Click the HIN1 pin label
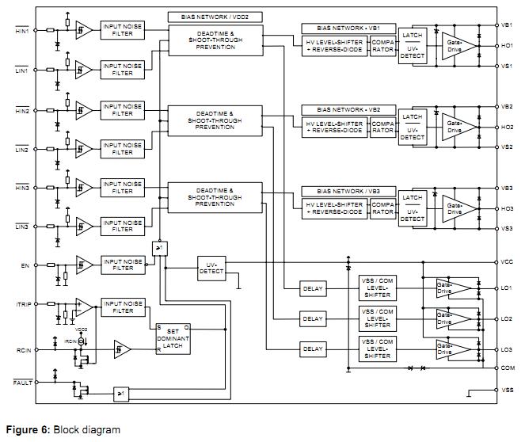coord(21,31)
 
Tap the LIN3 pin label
coord(21,227)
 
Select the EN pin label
coord(25,267)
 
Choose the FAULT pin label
coord(22,383)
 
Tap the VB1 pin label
coord(507,25)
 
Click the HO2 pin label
coord(507,127)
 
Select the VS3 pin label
coord(507,228)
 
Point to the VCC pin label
coord(507,262)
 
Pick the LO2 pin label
coord(507,319)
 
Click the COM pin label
coord(507,368)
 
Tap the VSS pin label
coord(507,390)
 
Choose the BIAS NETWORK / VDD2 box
coord(215,16)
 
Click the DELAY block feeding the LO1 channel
coord(313,289)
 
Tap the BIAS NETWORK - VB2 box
coord(348,109)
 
